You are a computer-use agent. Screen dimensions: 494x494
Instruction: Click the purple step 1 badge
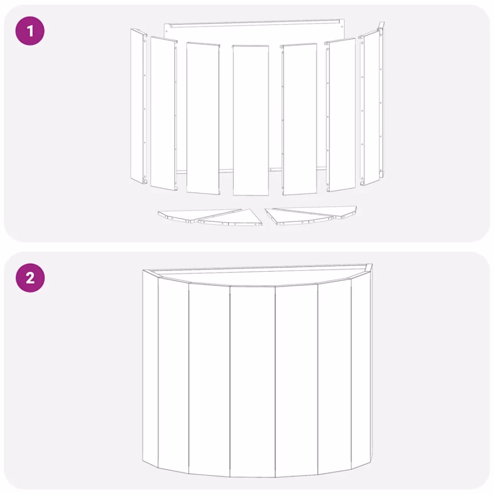[29, 31]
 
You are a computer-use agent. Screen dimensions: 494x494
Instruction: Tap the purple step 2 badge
[29, 278]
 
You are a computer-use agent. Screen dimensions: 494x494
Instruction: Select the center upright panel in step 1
[250, 120]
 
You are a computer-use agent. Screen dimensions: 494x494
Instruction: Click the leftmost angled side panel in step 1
[138, 106]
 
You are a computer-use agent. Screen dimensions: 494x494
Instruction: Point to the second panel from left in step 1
[162, 113]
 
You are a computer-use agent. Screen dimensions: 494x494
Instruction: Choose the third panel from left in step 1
[203, 118]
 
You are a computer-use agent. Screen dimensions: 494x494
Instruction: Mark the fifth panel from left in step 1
[299, 118]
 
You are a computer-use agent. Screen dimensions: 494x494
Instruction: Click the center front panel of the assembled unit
[252, 380]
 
